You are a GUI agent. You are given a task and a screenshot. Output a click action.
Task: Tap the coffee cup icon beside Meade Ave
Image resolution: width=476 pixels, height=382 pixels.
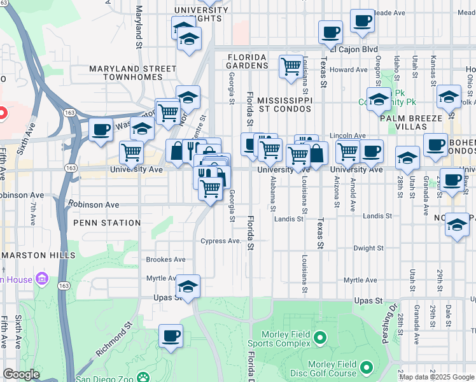(x=362, y=21)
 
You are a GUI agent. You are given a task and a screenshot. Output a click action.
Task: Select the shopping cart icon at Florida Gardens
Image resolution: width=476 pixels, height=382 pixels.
(x=291, y=66)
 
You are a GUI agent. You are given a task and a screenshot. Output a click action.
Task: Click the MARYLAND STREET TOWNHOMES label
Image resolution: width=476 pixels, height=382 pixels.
(x=132, y=73)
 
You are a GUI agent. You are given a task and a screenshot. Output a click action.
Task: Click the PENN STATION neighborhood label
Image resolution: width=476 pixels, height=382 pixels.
(x=107, y=223)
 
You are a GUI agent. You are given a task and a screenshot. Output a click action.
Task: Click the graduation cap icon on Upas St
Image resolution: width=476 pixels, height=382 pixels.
(x=188, y=286)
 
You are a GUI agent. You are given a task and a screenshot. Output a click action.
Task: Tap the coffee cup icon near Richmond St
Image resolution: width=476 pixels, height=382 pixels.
(x=170, y=336)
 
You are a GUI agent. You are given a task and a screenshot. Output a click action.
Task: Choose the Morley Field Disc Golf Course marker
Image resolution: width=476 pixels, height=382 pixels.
(x=367, y=367)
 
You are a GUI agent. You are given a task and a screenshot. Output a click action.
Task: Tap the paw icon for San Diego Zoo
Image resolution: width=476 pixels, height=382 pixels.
(x=144, y=378)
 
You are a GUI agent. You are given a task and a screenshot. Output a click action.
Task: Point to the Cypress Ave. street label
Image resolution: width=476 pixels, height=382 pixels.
(x=221, y=241)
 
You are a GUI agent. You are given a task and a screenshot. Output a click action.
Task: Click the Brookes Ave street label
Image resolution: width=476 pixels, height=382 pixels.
(x=165, y=260)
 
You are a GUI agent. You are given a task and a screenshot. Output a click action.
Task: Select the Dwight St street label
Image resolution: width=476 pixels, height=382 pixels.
(x=368, y=248)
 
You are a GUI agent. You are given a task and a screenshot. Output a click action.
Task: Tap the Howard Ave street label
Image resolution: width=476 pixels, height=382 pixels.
(x=349, y=70)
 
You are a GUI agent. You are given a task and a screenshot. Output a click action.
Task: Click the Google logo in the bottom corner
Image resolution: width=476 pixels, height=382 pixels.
(x=21, y=374)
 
